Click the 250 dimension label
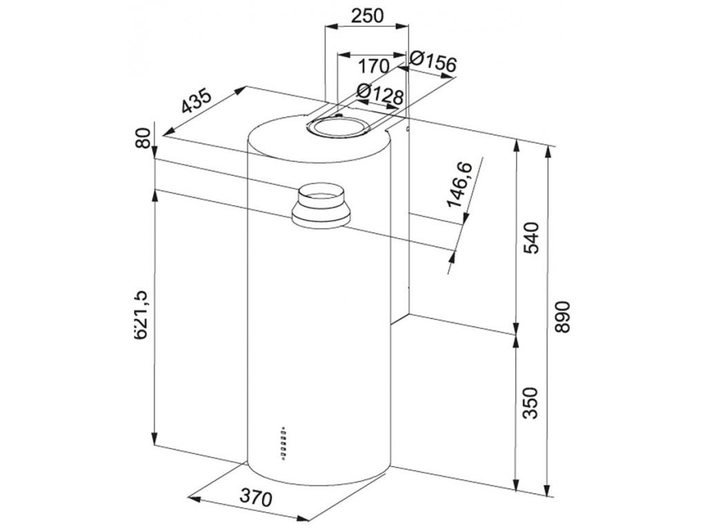click(x=367, y=16)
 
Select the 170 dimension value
click(x=373, y=66)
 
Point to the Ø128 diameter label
click(x=380, y=94)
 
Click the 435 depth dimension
click(x=196, y=101)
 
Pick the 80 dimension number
click(x=142, y=138)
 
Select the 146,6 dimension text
click(x=459, y=185)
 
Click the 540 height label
click(x=532, y=237)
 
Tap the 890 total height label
click(x=563, y=317)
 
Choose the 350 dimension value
click(x=532, y=403)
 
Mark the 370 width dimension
click(x=255, y=496)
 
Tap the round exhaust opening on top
click(x=338, y=127)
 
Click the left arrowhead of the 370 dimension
click(x=194, y=499)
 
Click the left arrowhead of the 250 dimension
click(x=331, y=27)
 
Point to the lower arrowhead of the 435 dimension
click(x=168, y=130)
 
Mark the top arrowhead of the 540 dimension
click(x=516, y=147)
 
